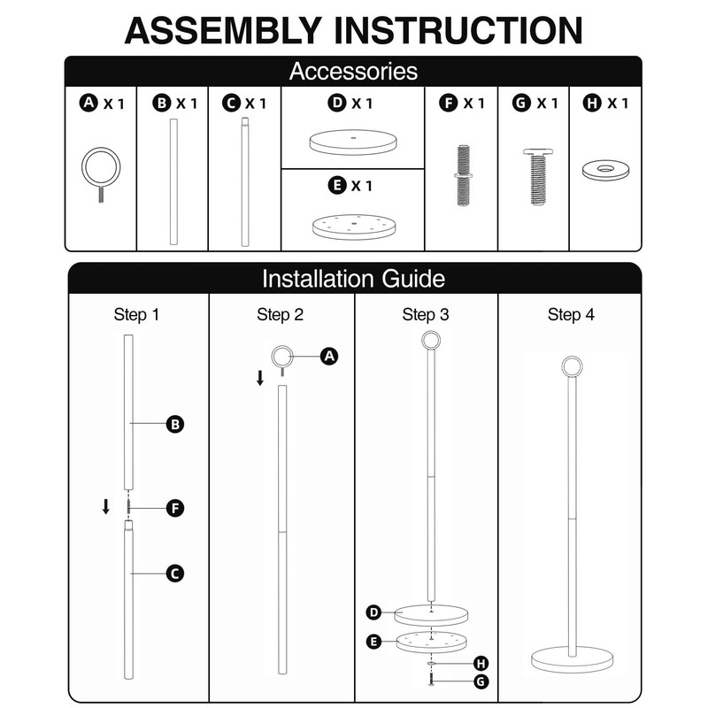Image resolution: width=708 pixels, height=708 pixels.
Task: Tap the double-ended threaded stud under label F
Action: (x=463, y=175)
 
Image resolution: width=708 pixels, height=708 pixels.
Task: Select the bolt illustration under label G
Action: (x=537, y=176)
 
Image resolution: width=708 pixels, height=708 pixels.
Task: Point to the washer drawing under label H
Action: (x=605, y=170)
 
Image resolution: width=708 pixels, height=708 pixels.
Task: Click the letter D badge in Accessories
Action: (x=337, y=103)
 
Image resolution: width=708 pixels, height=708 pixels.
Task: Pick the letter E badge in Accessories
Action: (x=337, y=185)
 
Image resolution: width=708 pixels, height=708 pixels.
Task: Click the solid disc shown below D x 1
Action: (x=353, y=142)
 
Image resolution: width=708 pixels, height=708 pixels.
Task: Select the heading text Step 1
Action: (x=136, y=315)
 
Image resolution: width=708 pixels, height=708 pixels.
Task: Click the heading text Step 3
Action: (x=426, y=315)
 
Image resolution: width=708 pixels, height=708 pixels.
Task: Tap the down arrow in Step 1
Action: (x=105, y=506)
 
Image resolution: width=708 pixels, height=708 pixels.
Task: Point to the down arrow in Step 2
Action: (x=260, y=378)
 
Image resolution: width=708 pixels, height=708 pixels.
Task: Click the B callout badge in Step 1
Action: (x=175, y=425)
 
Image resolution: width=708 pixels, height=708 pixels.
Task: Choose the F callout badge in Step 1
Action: (x=175, y=508)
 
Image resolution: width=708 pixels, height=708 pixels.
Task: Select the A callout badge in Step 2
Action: (x=329, y=357)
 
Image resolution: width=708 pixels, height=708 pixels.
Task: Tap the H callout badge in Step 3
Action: (x=481, y=663)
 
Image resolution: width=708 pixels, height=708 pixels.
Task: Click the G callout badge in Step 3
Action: (x=481, y=681)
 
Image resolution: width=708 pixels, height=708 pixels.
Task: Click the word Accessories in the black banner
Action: (x=353, y=72)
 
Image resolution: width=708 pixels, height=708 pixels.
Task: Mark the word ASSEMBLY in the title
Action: (x=223, y=30)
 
